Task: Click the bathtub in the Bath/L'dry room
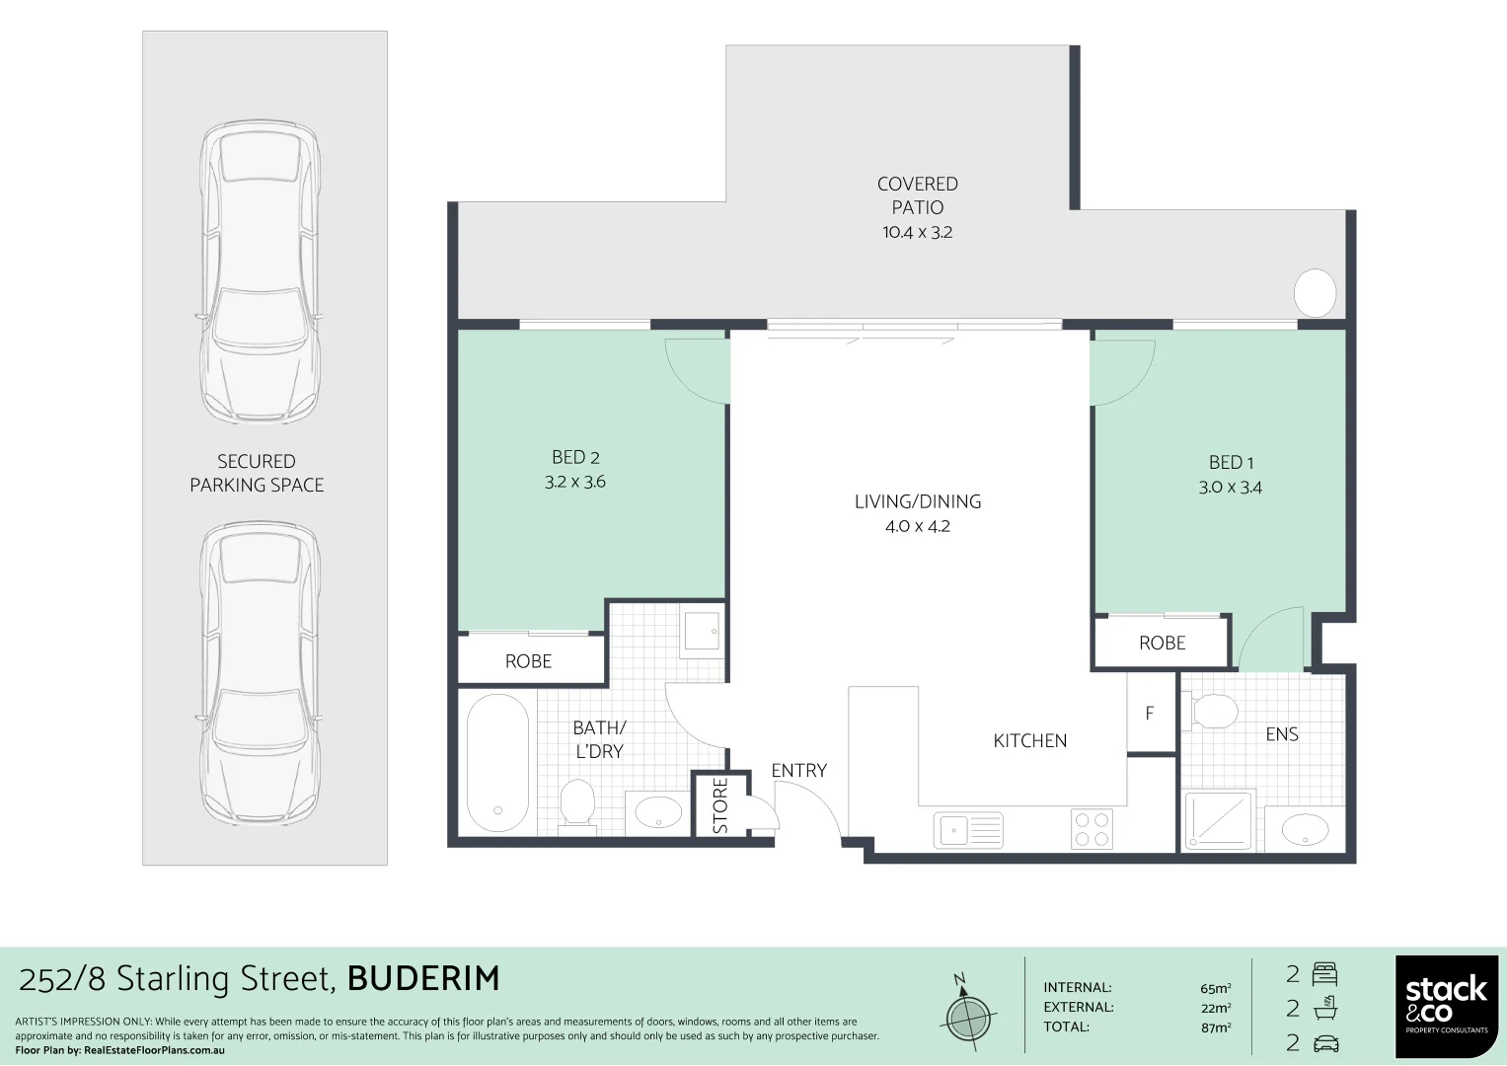pos(497,763)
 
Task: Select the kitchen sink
pos(967,830)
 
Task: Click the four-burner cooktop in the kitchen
pos(1092,829)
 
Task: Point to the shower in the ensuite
pos(1220,820)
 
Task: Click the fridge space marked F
pos(1150,713)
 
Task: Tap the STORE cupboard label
pos(720,805)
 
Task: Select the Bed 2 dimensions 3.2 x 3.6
pos(575,482)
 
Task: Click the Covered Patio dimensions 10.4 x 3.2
pos(917,233)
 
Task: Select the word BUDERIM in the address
pos(423,978)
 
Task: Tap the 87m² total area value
pos(1215,1028)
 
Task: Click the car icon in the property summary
pos(1325,1043)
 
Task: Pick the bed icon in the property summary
pos(1324,975)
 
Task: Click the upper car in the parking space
pos(260,273)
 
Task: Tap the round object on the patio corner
pos(1315,293)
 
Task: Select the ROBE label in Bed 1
pos(1162,644)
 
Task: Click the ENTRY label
pos(798,771)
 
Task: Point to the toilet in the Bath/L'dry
pos(577,803)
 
